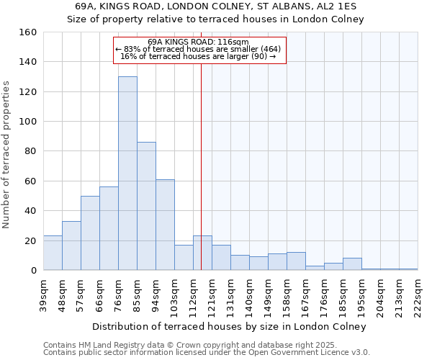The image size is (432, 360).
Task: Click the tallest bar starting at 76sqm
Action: pyautogui.click(x=127, y=173)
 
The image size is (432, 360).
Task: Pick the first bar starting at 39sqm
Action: pyautogui.click(x=53, y=253)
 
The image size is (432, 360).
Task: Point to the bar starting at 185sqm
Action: pyautogui.click(x=352, y=264)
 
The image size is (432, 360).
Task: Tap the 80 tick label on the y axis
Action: pyautogui.click(x=30, y=151)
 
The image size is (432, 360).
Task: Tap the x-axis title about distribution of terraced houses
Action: pyautogui.click(x=230, y=326)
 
